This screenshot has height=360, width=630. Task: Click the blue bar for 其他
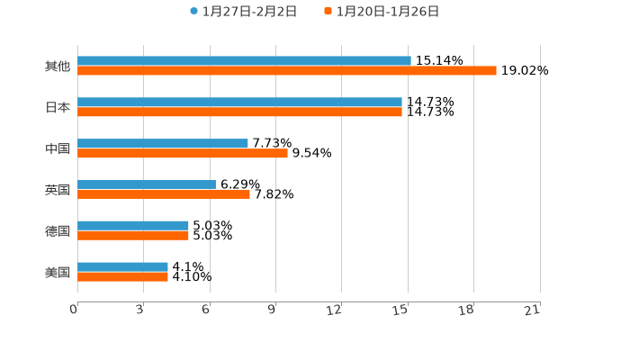point(244,61)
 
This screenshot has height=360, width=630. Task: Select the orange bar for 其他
point(286,70)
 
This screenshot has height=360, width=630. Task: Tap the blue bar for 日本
point(239,103)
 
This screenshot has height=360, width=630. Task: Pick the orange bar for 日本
point(239,112)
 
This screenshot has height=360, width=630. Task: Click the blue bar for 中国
point(163,143)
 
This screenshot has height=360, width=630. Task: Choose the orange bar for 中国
point(183,153)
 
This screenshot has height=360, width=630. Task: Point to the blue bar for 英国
point(147,184)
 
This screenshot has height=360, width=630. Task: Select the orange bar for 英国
point(164,193)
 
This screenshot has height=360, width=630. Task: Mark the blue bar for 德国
point(133,225)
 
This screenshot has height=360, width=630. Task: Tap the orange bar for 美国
point(122,276)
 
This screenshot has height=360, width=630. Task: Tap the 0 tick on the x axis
point(74,310)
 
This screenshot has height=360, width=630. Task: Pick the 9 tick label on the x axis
point(272,310)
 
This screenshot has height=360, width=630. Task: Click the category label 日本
point(58,107)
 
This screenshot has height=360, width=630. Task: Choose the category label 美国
point(58,272)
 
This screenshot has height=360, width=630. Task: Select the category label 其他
point(58,66)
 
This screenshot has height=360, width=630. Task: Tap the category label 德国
point(58,230)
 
